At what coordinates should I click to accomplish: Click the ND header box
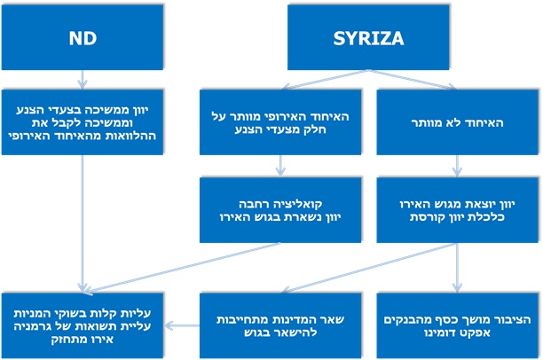point(82,39)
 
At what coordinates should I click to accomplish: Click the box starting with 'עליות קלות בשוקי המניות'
point(82,319)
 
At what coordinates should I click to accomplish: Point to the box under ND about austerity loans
point(82,121)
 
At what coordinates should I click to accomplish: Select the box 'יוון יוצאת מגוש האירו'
point(457,209)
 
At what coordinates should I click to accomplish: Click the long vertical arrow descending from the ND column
point(82,222)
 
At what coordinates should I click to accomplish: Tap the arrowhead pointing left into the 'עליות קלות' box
point(168,325)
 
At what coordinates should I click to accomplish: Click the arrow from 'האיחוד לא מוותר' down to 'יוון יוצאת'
point(457,166)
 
